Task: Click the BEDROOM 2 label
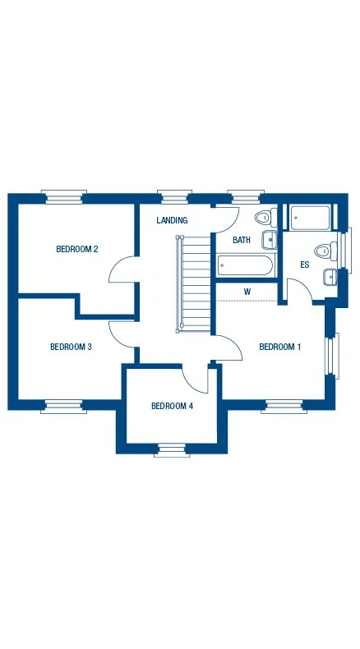77,249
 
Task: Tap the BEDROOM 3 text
71,347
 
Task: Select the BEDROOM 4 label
173,406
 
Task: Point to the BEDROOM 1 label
280,347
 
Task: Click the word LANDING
172,220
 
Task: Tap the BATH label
242,240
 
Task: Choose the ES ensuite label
304,265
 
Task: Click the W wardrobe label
247,292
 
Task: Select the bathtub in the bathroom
244,265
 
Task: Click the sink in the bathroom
270,239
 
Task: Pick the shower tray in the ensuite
309,218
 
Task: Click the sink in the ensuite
330,276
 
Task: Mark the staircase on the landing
195,283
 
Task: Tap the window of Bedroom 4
171,449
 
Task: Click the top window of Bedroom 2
65,196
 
